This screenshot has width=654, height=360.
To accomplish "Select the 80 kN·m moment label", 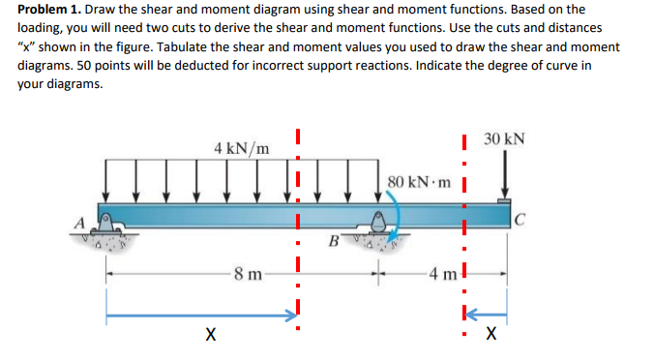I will point(418,181).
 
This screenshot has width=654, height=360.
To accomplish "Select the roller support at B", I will point(376,226).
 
